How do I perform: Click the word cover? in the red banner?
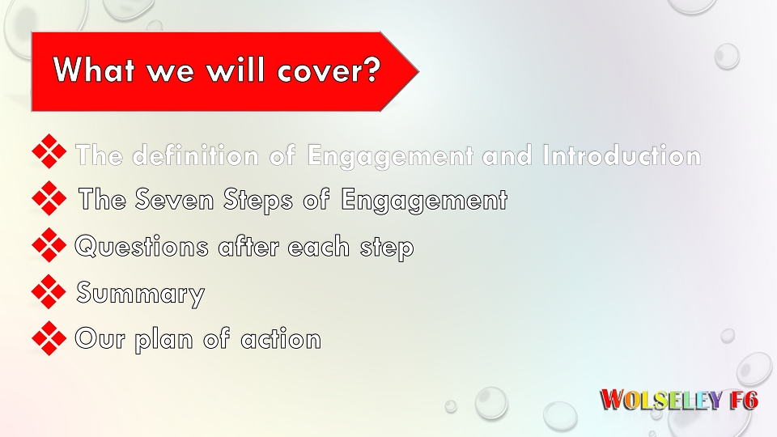[x=329, y=70]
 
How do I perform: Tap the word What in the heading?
[x=94, y=69]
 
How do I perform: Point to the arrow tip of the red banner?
[x=418, y=72]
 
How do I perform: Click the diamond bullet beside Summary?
[x=49, y=292]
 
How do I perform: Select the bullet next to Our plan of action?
[x=49, y=338]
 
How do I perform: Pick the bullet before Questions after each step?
[x=49, y=245]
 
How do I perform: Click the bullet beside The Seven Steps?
[x=49, y=198]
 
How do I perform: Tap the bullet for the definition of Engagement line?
[x=49, y=151]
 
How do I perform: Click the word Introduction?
[x=622, y=155]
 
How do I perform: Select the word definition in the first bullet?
[x=195, y=155]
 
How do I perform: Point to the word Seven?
[x=174, y=199]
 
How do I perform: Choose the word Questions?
[x=142, y=246]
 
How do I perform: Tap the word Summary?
[x=140, y=293]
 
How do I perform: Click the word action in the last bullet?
[x=281, y=339]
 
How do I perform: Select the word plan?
[x=163, y=341]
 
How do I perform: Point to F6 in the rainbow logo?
[x=744, y=400]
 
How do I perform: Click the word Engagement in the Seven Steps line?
[x=424, y=200]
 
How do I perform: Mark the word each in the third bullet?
[x=318, y=246]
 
